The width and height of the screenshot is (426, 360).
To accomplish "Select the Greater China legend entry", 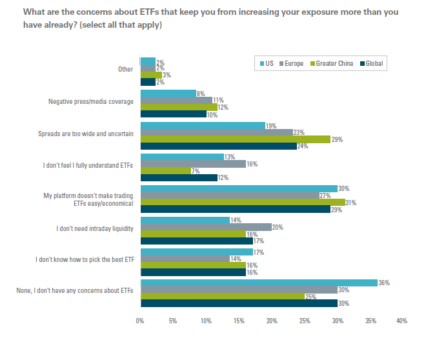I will [332, 63].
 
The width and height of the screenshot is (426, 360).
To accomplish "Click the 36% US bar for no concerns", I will [259, 283].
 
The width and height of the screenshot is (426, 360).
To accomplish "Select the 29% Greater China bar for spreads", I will [236, 139].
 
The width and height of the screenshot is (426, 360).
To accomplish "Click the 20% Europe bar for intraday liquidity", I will [206, 227].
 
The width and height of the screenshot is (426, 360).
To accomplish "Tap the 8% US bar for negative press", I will [168, 94].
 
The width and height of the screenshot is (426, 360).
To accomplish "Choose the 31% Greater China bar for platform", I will [242, 203].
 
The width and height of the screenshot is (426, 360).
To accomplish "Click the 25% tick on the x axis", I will [305, 321].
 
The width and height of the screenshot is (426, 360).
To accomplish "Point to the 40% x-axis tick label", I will [402, 321].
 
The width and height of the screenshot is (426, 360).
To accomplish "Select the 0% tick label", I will [140, 321].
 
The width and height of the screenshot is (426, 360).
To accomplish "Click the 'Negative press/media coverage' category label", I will [91, 101].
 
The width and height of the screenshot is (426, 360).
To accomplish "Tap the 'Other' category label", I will [126, 70].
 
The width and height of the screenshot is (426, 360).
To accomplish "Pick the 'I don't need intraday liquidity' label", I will [95, 228].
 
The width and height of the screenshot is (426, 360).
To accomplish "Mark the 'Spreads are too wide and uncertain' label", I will [86, 133].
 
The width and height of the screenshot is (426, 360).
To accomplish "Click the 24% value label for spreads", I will [303, 146].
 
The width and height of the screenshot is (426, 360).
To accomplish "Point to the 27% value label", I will [325, 195].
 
